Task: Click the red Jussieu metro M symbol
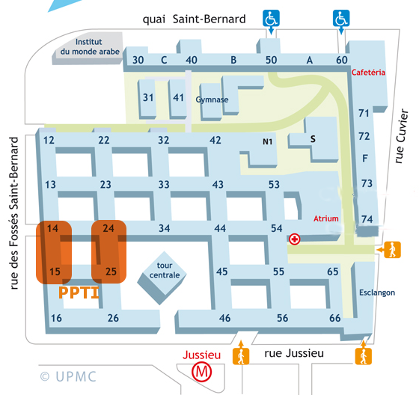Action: click(x=200, y=371)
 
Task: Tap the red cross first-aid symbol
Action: click(x=295, y=239)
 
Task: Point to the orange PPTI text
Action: click(x=79, y=293)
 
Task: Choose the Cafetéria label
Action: click(x=368, y=73)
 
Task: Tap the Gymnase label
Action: click(x=211, y=99)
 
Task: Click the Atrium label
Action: click(x=327, y=219)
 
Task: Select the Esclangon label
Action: click(x=377, y=293)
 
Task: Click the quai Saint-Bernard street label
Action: click(x=194, y=19)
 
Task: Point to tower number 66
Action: click(x=334, y=318)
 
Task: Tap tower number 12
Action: click(x=49, y=140)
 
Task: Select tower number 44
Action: click(x=220, y=228)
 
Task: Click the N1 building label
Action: click(x=268, y=141)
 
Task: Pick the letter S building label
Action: click(x=314, y=138)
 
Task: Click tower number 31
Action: click(x=148, y=97)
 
